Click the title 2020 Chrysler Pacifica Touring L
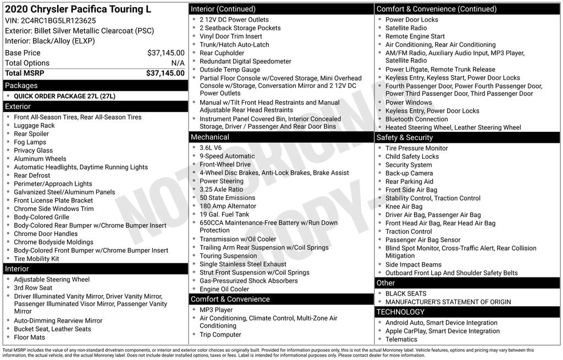78,9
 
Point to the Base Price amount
165,53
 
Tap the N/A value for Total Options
178,63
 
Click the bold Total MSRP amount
165,73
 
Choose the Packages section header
21,86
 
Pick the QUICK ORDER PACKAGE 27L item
64,96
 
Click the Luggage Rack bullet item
34,125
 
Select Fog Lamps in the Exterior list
30,142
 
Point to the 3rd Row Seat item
33,287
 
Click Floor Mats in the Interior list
29,337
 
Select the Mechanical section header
210,137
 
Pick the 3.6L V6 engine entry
211,148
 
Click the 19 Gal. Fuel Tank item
224,214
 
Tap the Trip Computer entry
220,335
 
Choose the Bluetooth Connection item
416,119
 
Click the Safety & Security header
405,137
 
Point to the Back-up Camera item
409,173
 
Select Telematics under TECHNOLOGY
401,340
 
